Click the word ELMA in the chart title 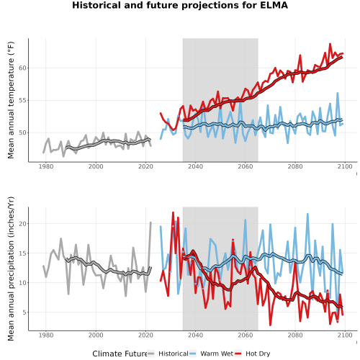(x=274, y=5)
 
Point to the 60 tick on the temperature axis (x=22, y=68)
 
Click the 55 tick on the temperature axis (x=22, y=100)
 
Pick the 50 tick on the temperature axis (x=22, y=132)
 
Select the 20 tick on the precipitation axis (x=22, y=224)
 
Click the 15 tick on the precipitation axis (x=22, y=253)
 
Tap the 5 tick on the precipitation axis (x=24, y=312)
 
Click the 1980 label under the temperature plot (x=46, y=166)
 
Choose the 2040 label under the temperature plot (x=195, y=166)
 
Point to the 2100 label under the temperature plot (x=345, y=166)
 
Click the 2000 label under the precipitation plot (x=96, y=335)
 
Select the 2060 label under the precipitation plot (x=246, y=335)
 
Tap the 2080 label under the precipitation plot (x=295, y=335)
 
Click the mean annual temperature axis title (x=11, y=100)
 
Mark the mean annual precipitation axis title (x=11, y=269)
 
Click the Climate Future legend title (x=120, y=354)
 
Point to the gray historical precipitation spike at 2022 (x=150, y=222)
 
